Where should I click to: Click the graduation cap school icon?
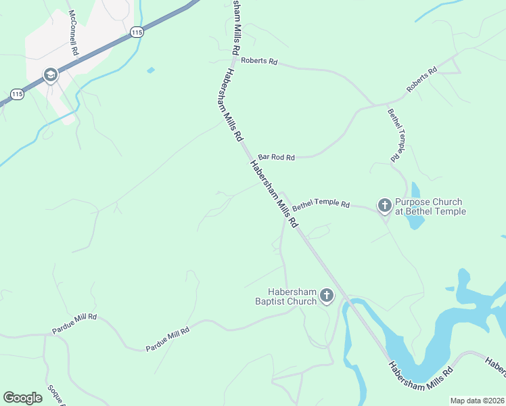click(x=51, y=75)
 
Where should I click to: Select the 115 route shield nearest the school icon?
click(x=18, y=95)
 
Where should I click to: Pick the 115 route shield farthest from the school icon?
click(x=137, y=32)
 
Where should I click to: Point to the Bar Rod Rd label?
click(x=277, y=157)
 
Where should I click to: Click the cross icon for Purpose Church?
click(x=384, y=204)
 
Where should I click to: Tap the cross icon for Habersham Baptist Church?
click(x=327, y=294)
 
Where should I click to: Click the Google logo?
click(x=23, y=398)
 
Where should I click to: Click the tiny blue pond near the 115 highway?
click(x=150, y=70)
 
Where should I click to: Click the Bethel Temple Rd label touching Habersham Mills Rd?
click(x=321, y=203)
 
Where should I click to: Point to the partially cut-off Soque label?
click(x=55, y=395)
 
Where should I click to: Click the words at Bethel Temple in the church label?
click(x=430, y=212)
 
